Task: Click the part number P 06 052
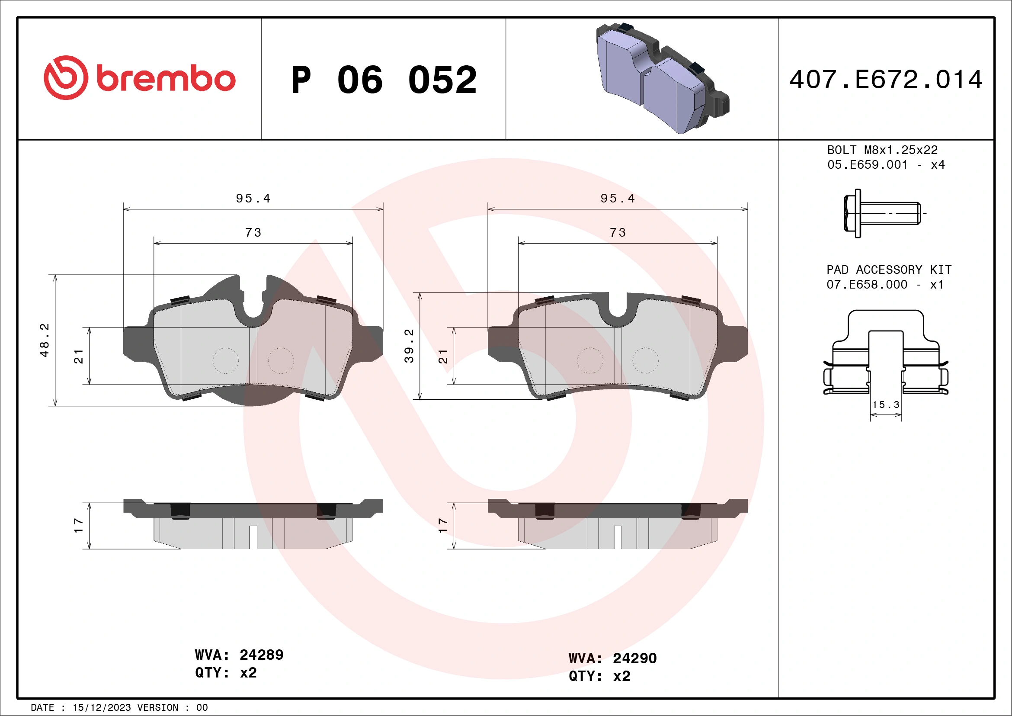(384, 80)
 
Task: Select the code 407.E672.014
(886, 80)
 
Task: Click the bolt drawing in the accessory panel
(881, 213)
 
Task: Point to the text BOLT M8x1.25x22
(882, 150)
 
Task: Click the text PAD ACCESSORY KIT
(889, 270)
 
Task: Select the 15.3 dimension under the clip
(886, 405)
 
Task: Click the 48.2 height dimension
(45, 340)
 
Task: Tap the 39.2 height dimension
(409, 346)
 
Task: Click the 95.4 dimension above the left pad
(253, 199)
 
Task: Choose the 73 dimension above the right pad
(618, 232)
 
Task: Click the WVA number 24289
(261, 655)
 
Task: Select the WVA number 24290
(634, 658)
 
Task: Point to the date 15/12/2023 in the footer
(101, 707)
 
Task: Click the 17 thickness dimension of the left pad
(78, 525)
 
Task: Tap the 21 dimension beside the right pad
(443, 356)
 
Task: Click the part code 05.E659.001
(867, 165)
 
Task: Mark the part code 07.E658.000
(867, 284)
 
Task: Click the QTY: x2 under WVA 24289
(226, 673)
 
